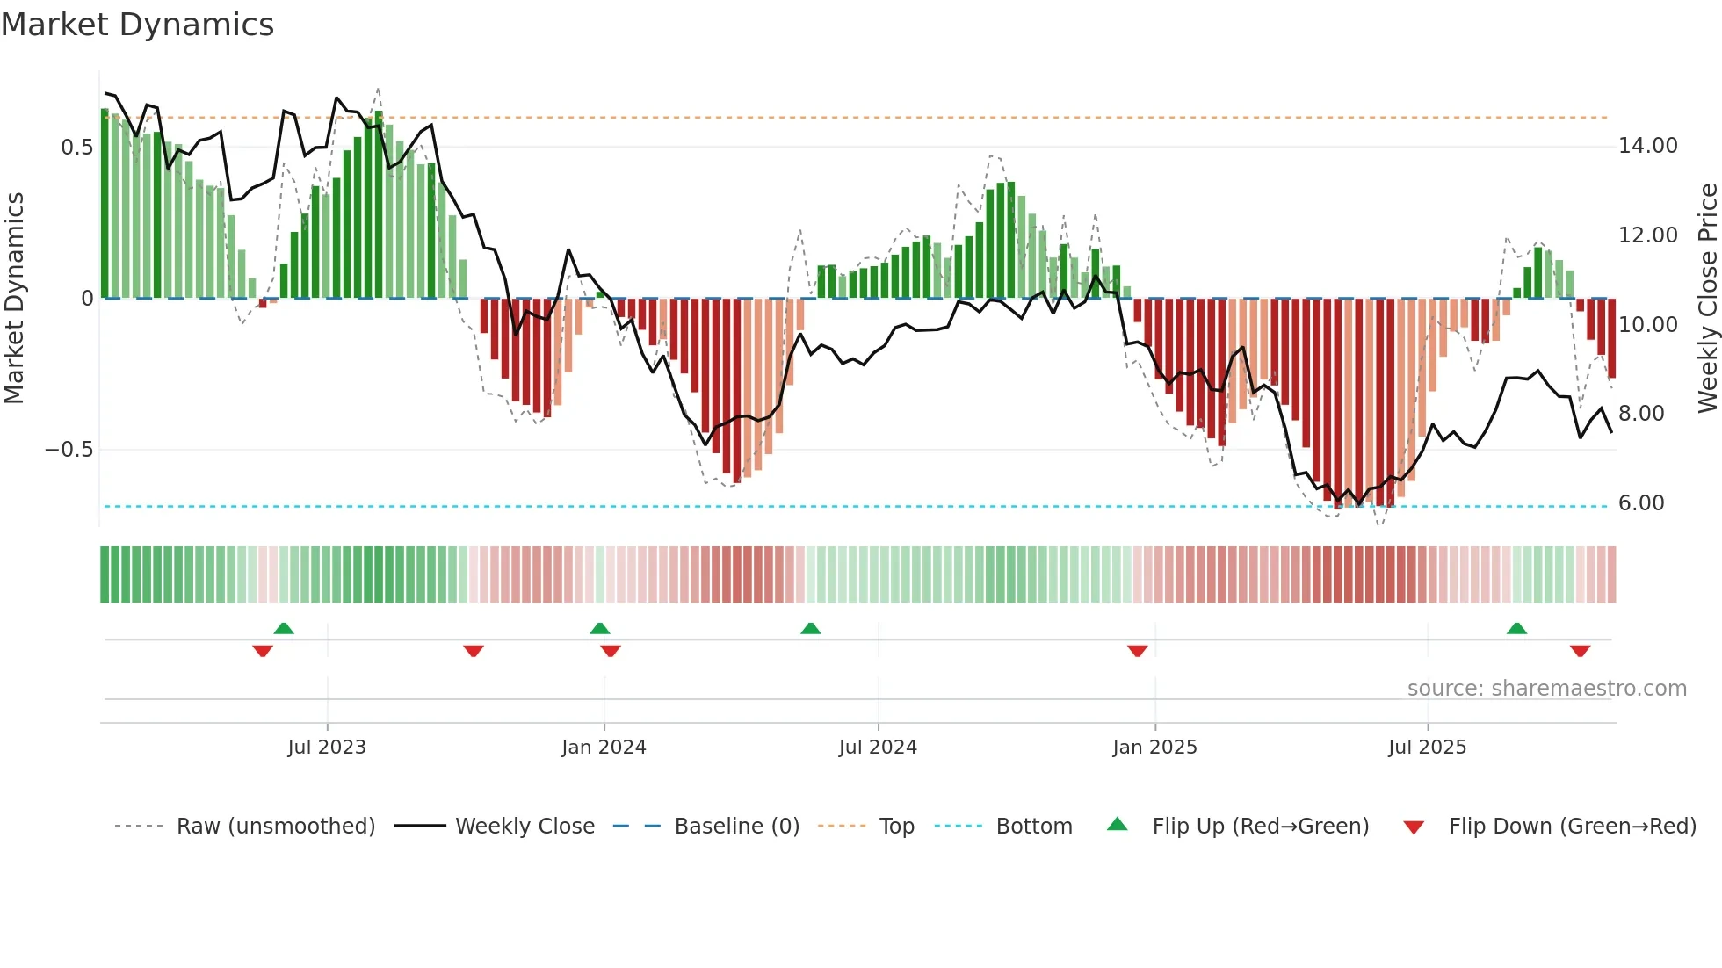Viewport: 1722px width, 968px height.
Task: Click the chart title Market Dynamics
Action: pyautogui.click(x=138, y=25)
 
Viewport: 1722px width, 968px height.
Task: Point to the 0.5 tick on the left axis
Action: pyautogui.click(x=76, y=147)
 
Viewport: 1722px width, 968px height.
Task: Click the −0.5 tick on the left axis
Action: pyautogui.click(x=69, y=450)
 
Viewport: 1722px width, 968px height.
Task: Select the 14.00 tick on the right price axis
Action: pyautogui.click(x=1647, y=146)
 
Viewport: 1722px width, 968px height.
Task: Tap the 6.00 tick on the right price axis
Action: pyautogui.click(x=1641, y=503)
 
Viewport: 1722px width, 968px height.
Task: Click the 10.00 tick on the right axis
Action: pyautogui.click(x=1647, y=325)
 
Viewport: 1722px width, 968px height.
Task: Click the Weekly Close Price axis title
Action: pyautogui.click(x=1707, y=298)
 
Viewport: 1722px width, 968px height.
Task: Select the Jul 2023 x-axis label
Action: pyautogui.click(x=327, y=748)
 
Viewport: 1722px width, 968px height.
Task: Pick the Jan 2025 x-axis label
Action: pyautogui.click(x=1154, y=748)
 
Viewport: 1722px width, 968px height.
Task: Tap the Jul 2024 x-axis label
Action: pyautogui.click(x=878, y=748)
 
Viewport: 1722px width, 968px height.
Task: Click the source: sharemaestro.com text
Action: pyautogui.click(x=1546, y=689)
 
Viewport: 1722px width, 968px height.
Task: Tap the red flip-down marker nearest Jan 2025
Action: pyautogui.click(x=1137, y=651)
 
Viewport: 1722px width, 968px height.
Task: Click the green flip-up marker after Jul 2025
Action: pyautogui.click(x=1516, y=628)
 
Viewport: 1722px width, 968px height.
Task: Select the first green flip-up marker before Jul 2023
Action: pyautogui.click(x=284, y=628)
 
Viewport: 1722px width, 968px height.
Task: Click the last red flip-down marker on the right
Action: pyautogui.click(x=1580, y=651)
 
